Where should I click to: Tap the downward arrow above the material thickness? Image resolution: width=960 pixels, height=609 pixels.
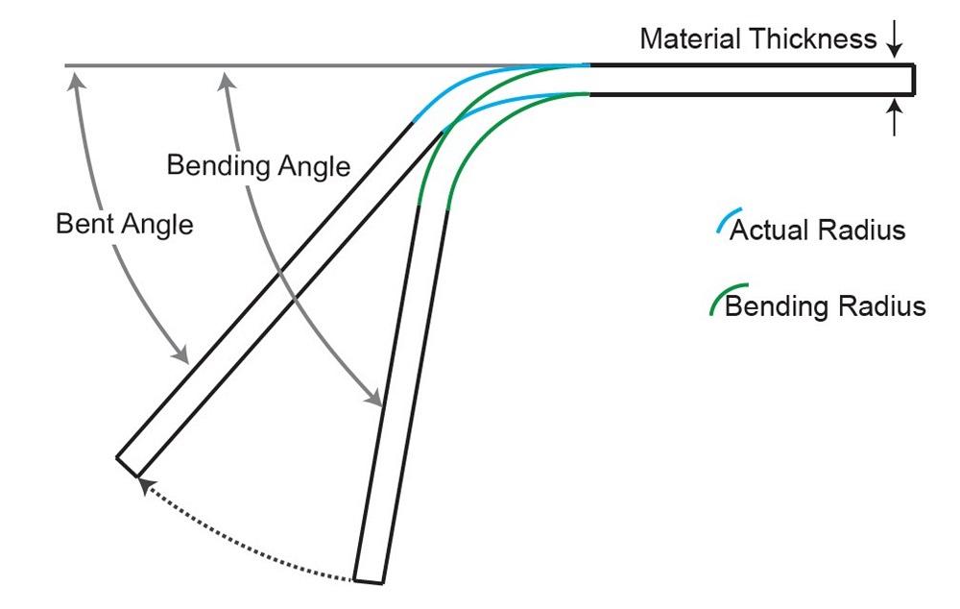coord(895,38)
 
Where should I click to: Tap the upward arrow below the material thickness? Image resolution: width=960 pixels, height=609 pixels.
coord(895,116)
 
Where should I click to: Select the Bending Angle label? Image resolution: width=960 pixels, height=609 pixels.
coord(258,166)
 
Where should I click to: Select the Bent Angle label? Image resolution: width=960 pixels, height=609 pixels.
coord(124,224)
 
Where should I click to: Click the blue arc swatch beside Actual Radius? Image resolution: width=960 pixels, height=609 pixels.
coord(729,221)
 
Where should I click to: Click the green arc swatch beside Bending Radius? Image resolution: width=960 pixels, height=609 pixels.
coord(727,298)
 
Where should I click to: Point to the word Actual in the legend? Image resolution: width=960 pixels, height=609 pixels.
coord(769,231)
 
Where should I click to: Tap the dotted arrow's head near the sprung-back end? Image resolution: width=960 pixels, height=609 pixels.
coord(145,486)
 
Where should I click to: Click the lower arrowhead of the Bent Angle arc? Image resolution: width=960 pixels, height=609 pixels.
coord(181,354)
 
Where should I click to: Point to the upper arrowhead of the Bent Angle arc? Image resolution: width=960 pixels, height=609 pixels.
coord(76,81)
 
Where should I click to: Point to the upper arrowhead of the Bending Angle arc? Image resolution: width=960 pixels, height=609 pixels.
coord(226,81)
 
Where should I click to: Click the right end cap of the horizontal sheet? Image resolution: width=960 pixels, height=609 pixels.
coord(914,79)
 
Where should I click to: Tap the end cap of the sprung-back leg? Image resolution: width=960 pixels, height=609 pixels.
coord(127,466)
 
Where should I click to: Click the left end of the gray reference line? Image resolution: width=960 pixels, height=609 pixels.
coord(66,65)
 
